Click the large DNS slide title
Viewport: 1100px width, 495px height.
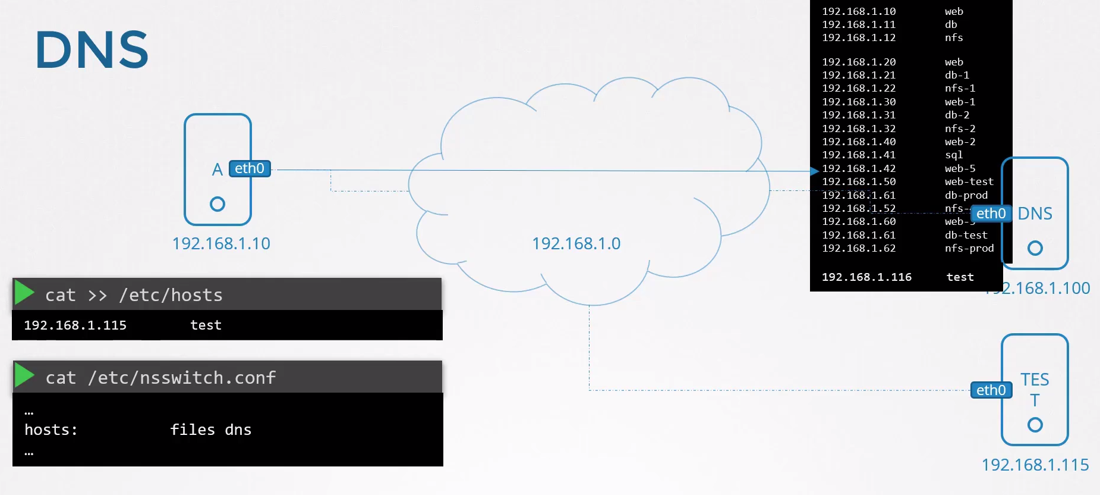[x=92, y=50]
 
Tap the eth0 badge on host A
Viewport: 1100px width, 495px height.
[x=250, y=169]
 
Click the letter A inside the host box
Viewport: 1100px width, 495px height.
[x=218, y=170]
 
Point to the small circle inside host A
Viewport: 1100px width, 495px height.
[x=218, y=204]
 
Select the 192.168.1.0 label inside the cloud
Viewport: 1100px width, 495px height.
[x=576, y=243]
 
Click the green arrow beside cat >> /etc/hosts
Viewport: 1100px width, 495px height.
[x=24, y=293]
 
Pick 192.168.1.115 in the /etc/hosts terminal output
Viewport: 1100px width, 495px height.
[x=75, y=325]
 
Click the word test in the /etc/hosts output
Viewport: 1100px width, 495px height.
[x=206, y=325]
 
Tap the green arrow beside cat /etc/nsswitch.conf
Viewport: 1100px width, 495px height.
[x=24, y=375]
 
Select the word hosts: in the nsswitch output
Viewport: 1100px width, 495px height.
[x=51, y=430]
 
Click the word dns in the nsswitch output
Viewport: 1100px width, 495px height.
[x=238, y=430]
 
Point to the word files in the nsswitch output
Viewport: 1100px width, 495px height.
[x=193, y=430]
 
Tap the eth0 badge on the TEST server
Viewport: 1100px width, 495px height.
[x=991, y=390]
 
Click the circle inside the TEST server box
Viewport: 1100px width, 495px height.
[x=1035, y=425]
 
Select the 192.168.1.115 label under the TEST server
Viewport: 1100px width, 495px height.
[x=1035, y=465]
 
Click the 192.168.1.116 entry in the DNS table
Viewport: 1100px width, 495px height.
[x=866, y=277]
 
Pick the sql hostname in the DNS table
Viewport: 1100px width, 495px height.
[x=954, y=155]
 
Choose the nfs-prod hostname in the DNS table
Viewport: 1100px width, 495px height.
[x=969, y=249]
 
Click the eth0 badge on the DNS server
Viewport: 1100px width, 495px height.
[x=991, y=214]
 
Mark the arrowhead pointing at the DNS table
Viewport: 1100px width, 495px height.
[x=815, y=171]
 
